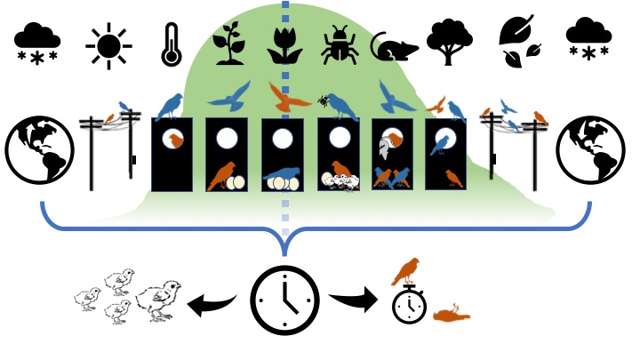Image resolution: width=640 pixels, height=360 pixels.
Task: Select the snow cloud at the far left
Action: pos(37,42)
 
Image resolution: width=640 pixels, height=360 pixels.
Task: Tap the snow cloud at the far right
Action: pos(588,42)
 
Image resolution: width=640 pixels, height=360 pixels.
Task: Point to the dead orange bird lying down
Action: pos(451,316)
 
